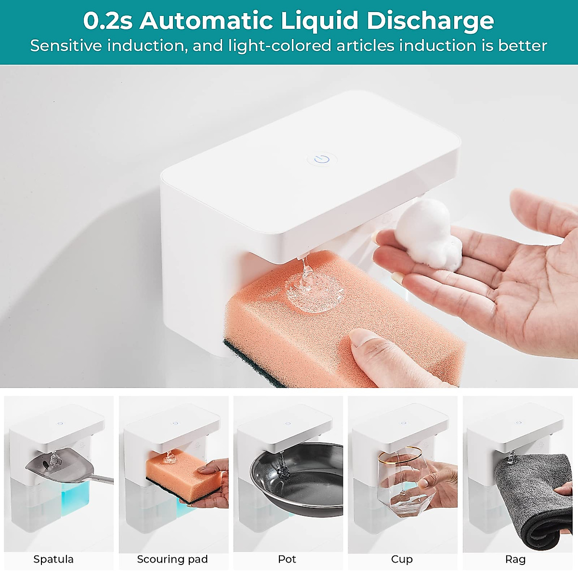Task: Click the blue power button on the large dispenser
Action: pos(322,158)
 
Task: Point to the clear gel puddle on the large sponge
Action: pos(316,292)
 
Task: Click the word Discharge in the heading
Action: pos(430,21)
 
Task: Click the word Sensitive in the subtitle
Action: pos(66,46)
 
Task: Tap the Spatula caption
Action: pos(53,559)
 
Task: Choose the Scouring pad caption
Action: pos(172,559)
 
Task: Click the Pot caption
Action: pos(287,559)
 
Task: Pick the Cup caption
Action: pos(402,559)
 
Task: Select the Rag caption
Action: pos(515,559)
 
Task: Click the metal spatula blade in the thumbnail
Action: pos(53,465)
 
